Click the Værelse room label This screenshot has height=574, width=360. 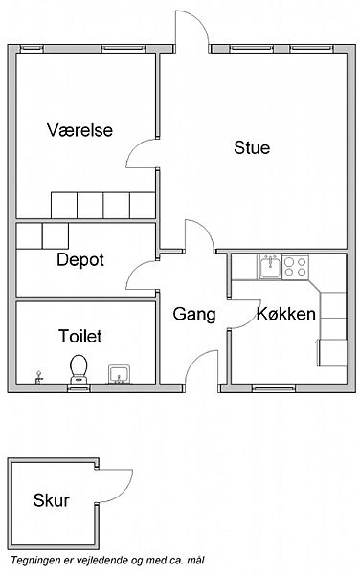[x=79, y=130]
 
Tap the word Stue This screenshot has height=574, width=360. [x=252, y=147]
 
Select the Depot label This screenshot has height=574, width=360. [x=80, y=260]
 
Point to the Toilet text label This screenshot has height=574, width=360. [x=80, y=336]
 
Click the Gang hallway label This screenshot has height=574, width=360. [x=194, y=315]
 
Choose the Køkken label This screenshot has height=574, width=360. [x=286, y=314]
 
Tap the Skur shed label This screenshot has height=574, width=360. [x=52, y=500]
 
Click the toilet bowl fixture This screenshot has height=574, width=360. [x=79, y=369]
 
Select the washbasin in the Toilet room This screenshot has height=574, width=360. [x=119, y=374]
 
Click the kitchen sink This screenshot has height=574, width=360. [x=270, y=267]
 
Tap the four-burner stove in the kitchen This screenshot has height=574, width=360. [x=295, y=267]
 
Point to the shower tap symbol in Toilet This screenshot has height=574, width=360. [x=38, y=378]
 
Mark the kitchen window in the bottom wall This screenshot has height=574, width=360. [x=274, y=388]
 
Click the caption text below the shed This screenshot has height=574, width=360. [x=107, y=561]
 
